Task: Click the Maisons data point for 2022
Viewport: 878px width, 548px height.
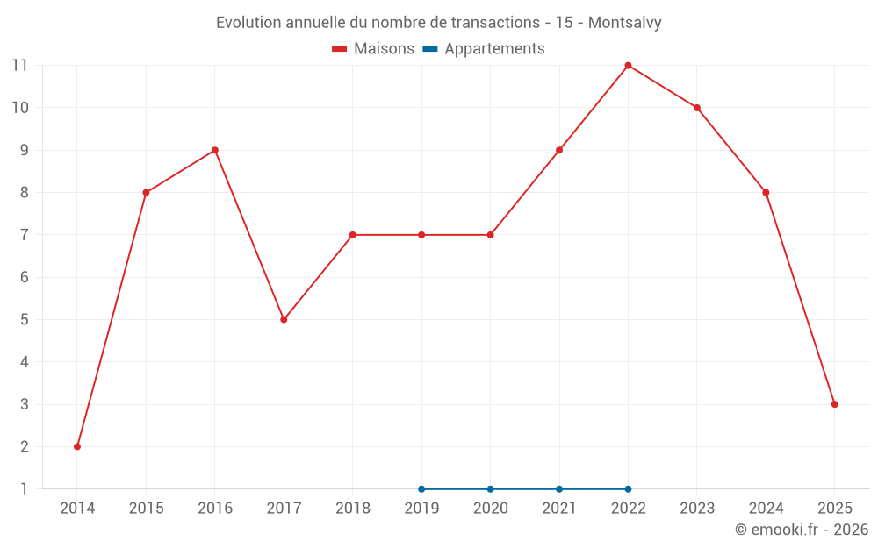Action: [x=628, y=65]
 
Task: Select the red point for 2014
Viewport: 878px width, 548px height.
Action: [x=77, y=446]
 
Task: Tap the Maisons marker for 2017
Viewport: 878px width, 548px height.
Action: [x=284, y=319]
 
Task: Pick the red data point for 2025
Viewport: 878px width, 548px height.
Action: [x=834, y=404]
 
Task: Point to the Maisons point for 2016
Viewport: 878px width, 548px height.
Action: [x=214, y=150]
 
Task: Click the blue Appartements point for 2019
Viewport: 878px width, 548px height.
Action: [x=421, y=489]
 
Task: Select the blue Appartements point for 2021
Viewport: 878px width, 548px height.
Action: [x=559, y=489]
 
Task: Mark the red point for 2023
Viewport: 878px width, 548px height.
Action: [x=697, y=108]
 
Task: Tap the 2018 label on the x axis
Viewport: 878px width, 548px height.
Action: [x=352, y=509]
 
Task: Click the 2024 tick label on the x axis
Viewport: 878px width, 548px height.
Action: [x=766, y=509]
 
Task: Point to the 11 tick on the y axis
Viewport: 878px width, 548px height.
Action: [x=20, y=65]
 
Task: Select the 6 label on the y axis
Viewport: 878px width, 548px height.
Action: [x=25, y=277]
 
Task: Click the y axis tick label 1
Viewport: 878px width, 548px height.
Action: [x=25, y=489]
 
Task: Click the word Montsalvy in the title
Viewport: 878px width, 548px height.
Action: [x=624, y=23]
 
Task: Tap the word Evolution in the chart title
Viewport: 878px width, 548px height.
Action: [x=249, y=23]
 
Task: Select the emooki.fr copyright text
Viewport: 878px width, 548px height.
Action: [x=802, y=530]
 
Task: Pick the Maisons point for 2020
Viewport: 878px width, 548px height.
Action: [x=490, y=235]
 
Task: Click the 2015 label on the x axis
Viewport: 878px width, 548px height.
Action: [x=146, y=509]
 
